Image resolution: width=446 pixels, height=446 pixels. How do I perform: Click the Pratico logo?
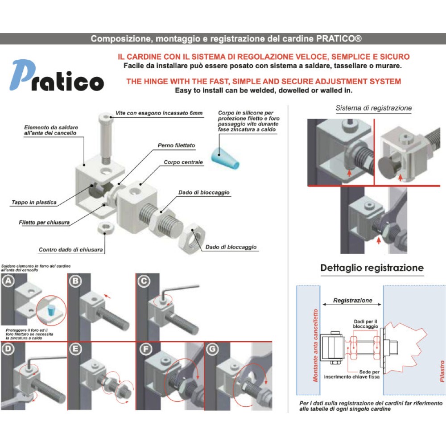point(57,77)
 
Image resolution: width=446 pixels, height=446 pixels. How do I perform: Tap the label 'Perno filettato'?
point(176,145)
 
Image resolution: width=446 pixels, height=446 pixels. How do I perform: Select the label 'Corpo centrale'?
point(183,162)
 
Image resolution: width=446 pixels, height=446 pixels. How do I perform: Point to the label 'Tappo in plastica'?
point(34,202)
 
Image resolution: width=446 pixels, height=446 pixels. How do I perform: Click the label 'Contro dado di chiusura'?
point(71,250)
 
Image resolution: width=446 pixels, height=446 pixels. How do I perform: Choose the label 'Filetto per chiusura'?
point(44,222)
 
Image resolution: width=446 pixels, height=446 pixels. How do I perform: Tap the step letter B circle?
point(75,281)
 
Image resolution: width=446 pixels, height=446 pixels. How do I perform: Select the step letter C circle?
point(144,281)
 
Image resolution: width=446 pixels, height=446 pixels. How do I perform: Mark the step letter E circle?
point(75,349)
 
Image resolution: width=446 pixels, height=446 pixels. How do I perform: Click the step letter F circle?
point(144,349)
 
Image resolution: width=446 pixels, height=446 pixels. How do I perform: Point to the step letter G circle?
point(212,349)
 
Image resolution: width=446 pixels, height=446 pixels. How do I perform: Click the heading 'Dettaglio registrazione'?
point(372,268)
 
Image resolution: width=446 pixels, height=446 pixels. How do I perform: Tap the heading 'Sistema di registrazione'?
point(374,108)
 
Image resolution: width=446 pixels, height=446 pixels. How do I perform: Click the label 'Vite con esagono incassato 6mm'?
point(159,113)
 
